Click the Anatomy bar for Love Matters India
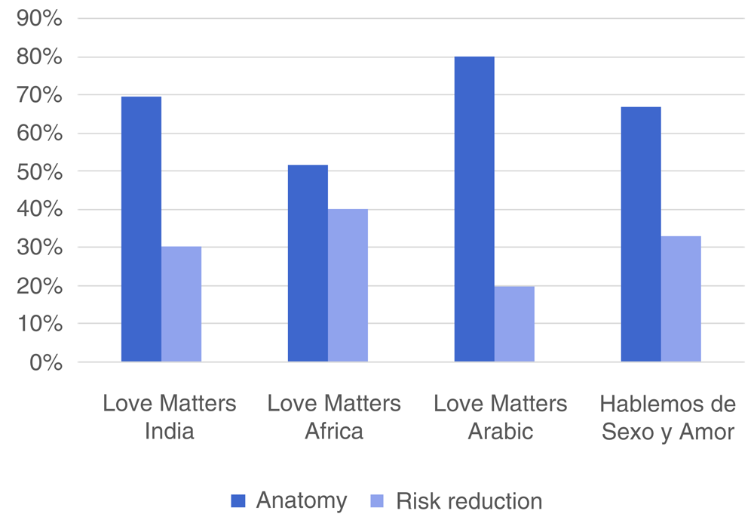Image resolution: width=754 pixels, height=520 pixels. tap(141, 229)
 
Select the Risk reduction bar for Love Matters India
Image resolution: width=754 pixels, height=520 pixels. tap(181, 304)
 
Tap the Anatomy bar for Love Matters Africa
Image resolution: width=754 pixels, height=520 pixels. tap(308, 263)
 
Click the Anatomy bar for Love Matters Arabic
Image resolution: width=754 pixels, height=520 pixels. tap(474, 209)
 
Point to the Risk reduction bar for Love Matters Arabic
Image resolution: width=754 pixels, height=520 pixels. tap(514, 324)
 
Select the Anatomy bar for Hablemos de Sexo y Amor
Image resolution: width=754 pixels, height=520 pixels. tap(641, 235)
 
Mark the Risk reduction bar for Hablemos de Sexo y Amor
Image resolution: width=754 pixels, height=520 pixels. tap(681, 299)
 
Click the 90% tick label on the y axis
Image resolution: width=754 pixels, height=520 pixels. tap(39, 19)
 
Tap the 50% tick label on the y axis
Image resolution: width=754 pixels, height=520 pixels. tap(39, 171)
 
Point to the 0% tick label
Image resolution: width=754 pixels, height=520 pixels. tap(45, 362)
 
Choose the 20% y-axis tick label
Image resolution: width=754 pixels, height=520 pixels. tap(39, 286)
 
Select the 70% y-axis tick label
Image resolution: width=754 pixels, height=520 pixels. tap(39, 95)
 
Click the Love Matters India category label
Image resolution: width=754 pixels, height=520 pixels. tap(169, 417)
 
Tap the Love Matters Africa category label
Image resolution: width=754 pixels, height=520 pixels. tap(334, 417)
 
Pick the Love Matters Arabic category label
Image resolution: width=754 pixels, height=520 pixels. tap(500, 417)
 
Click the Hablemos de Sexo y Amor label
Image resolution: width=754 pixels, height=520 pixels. tap(667, 417)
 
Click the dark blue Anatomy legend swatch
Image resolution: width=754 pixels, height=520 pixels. tap(238, 500)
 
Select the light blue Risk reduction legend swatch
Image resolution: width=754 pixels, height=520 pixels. tap(378, 500)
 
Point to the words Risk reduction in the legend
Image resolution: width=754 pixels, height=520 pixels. tap(468, 500)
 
